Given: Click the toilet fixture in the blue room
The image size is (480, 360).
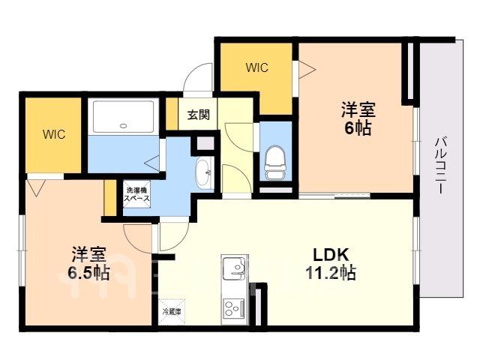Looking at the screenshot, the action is coord(274,163).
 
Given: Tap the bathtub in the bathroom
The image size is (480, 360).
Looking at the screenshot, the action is coord(123,116).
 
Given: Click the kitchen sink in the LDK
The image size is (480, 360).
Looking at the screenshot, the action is coord(234,268).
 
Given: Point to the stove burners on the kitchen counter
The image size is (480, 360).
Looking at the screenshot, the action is coord(234,308).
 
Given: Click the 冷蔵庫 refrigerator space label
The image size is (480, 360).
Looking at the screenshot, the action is coord(172,312).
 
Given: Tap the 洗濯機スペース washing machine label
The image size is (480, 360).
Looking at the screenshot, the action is coord(136,194).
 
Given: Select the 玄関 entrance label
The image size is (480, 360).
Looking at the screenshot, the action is coord(198,115).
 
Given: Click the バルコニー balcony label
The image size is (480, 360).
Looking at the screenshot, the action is coord(440,166).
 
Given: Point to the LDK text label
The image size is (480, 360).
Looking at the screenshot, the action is coord(331,255).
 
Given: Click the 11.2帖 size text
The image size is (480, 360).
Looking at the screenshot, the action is coord(331,272).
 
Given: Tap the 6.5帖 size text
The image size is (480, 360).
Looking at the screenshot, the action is coord(88,272).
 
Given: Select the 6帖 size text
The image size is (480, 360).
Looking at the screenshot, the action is coord(358,128).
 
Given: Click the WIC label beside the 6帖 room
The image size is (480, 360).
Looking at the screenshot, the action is coord(257,67).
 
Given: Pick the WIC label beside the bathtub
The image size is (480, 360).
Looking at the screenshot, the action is coord(54,134).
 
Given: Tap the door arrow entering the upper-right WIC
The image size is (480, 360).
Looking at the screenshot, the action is coord(307,70).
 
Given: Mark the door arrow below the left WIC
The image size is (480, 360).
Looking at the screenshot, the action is coord(36,187).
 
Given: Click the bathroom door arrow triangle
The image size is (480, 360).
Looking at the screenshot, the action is coord(152,163).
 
